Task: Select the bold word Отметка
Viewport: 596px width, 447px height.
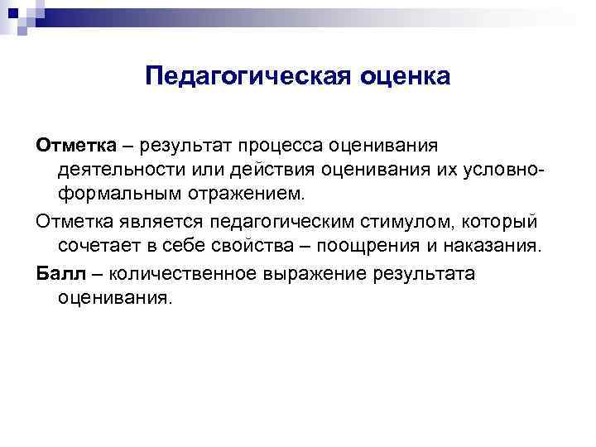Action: pos(70,146)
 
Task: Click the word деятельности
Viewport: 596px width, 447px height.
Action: pos(122,171)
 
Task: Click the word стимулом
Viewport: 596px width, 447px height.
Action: pos(418,222)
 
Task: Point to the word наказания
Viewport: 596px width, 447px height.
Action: pos(496,247)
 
